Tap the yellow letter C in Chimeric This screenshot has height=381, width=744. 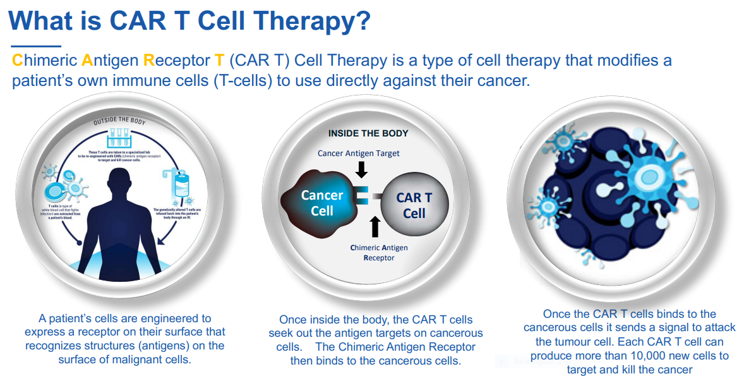point(17,61)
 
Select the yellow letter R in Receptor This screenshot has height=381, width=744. point(149,61)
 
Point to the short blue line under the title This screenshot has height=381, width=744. point(36,46)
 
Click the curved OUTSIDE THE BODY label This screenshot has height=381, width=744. point(119,119)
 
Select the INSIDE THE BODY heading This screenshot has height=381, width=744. point(368,133)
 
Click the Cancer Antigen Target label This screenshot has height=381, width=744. point(359,154)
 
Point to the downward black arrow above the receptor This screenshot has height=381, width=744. point(361,169)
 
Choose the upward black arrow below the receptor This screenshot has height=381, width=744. point(375,226)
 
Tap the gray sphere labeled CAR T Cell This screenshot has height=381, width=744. point(414,205)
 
